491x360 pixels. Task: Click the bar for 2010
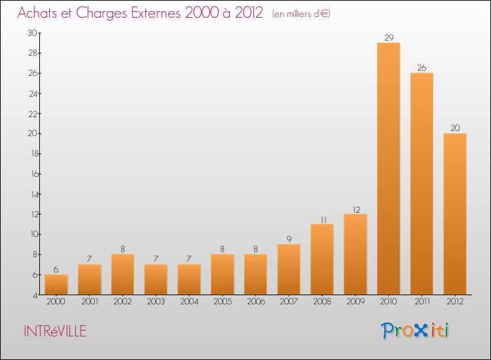click(388, 169)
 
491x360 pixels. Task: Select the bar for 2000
click(56, 285)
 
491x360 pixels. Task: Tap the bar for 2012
click(454, 214)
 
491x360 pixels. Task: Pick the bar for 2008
click(322, 259)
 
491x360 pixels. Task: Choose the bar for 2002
click(122, 274)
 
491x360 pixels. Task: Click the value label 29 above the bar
click(388, 37)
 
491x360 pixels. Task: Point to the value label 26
click(422, 67)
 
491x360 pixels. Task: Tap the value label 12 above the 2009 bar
click(355, 209)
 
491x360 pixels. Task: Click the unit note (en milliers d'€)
click(301, 14)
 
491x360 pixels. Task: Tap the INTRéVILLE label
click(54, 331)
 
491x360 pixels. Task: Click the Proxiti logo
click(415, 331)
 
